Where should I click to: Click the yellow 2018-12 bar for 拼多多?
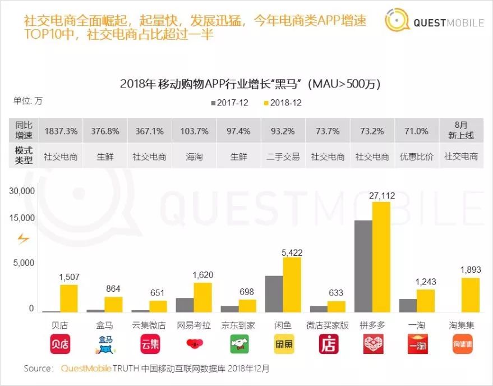point(381,257)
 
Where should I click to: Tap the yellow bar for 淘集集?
point(471,295)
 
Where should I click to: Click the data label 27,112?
point(381,195)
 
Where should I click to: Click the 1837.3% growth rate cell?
point(61,131)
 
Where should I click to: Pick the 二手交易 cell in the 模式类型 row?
point(283,157)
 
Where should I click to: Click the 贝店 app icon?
point(60,344)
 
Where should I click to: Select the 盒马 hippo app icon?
point(105,344)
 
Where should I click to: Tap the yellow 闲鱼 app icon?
point(284,344)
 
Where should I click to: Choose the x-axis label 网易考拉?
point(194,325)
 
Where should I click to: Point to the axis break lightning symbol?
point(23,239)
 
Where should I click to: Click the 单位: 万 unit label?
point(27,102)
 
